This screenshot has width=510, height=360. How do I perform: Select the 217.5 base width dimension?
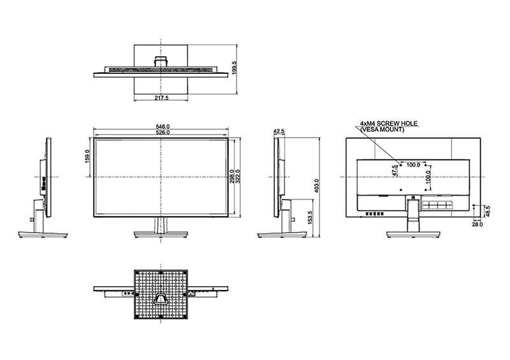pyautogui.click(x=161, y=97)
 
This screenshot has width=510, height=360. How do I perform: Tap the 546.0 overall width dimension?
pyautogui.click(x=163, y=126)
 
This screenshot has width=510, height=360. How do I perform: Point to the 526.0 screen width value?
pyautogui.click(x=163, y=133)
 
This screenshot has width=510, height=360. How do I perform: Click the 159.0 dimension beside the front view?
pyautogui.click(x=88, y=156)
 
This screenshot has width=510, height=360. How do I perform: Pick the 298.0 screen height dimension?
pyautogui.click(x=232, y=176)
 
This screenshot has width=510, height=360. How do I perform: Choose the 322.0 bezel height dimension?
pyautogui.click(x=238, y=176)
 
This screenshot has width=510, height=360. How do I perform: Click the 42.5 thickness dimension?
pyautogui.click(x=279, y=131)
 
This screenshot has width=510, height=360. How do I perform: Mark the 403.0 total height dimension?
pyautogui.click(x=317, y=185)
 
